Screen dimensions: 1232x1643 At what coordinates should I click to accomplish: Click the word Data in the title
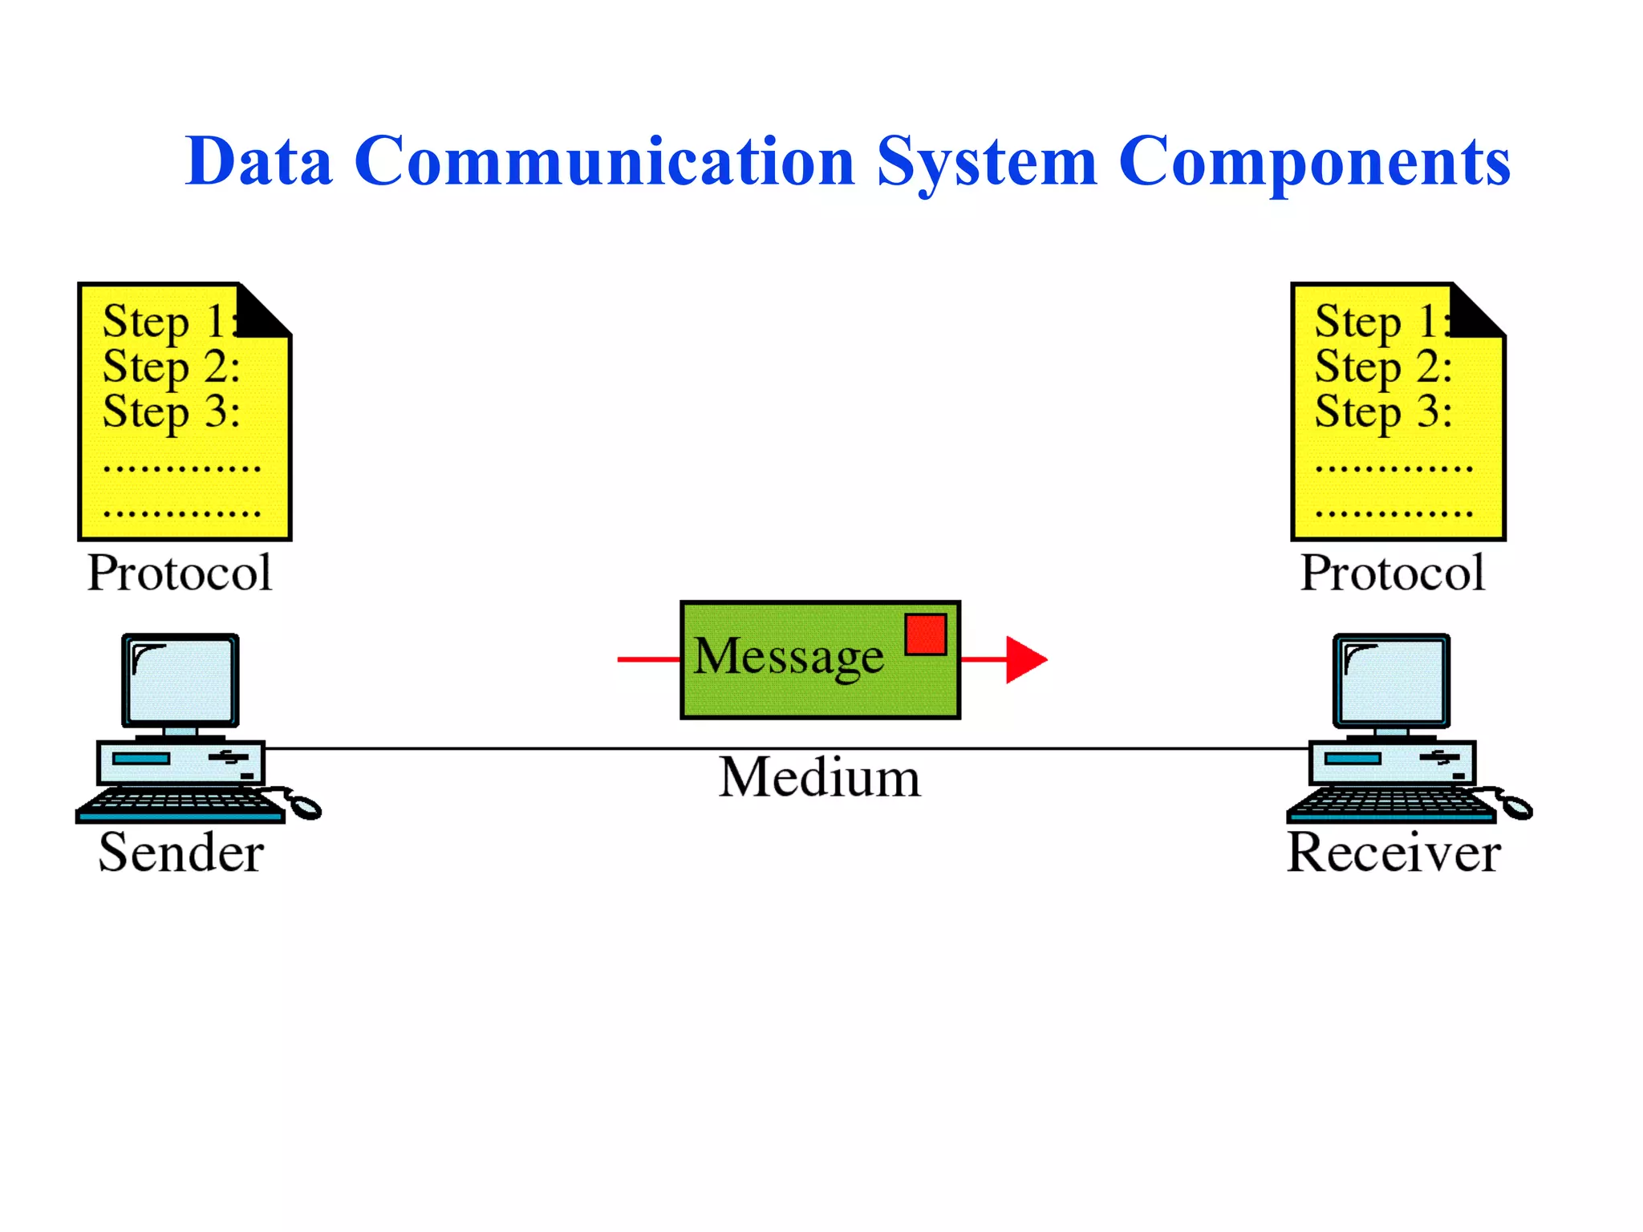tap(258, 161)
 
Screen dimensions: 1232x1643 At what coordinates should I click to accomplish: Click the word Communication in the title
tap(604, 161)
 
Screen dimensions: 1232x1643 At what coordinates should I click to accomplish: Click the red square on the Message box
tap(925, 634)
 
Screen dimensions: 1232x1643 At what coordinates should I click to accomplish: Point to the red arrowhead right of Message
tap(1024, 659)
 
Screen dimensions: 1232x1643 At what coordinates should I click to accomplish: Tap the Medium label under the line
tap(819, 777)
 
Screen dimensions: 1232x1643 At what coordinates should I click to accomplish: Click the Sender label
tap(181, 852)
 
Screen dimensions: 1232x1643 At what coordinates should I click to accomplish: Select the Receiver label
tap(1394, 852)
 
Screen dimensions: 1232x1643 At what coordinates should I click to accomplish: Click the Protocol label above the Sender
tap(180, 573)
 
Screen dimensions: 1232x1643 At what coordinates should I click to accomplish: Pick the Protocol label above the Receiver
tap(1393, 573)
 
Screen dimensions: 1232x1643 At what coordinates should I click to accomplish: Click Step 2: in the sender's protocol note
tap(171, 367)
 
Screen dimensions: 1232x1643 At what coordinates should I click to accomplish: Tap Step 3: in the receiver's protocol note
tap(1383, 412)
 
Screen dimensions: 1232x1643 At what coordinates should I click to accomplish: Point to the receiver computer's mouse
tap(1515, 806)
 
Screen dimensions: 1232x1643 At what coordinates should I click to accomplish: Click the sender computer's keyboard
tap(181, 804)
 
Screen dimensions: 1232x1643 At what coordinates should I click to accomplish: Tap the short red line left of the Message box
tap(648, 659)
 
